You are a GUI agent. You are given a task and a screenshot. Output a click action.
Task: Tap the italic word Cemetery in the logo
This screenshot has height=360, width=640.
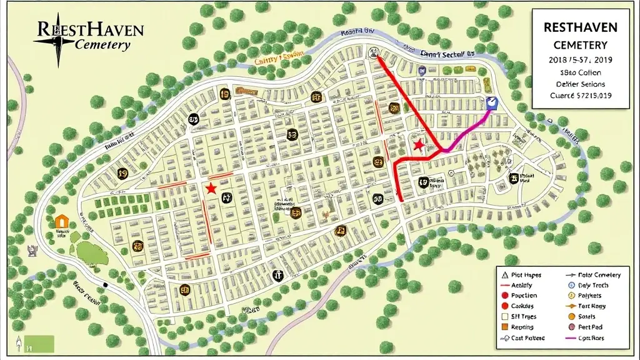(x=102, y=45)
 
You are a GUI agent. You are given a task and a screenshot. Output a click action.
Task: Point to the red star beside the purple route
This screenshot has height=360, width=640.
(x=418, y=145)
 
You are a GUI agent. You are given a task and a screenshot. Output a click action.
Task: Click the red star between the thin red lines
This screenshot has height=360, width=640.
(x=211, y=188)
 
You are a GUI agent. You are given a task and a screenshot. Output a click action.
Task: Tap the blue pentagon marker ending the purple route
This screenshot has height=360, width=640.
(x=491, y=102)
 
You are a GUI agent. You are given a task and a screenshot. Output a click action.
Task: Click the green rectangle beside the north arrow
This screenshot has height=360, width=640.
(x=41, y=343)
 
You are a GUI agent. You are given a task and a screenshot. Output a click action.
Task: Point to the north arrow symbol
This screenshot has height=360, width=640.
(x=19, y=342)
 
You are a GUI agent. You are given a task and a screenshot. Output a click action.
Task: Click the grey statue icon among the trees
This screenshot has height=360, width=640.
(x=32, y=250)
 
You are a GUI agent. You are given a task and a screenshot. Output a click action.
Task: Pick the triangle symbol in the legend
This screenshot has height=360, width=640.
(x=504, y=275)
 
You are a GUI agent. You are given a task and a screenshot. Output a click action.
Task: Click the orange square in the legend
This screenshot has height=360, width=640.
(x=504, y=327)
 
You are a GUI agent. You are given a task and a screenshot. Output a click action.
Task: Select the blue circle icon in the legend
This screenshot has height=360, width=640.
(x=570, y=295)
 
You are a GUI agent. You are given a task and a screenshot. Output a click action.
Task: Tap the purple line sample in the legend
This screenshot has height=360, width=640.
(x=570, y=338)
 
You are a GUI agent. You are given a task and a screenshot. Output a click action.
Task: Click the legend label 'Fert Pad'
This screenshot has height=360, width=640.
(x=590, y=327)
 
